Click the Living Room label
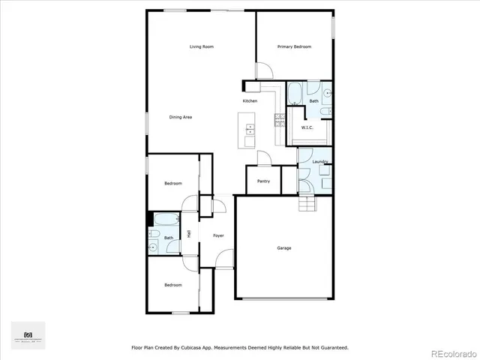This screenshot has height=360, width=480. click(202, 47)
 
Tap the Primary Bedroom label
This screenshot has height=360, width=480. click(294, 47)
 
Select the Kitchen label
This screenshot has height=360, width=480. click(250, 101)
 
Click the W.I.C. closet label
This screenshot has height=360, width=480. click(307, 127)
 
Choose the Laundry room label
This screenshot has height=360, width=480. click(321, 162)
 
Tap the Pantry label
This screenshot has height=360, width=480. click(263, 181)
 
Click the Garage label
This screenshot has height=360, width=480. click(283, 248)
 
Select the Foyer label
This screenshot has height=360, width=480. click(218, 236)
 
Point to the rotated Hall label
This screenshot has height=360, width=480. click(189, 234)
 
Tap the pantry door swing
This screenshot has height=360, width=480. click(262, 157)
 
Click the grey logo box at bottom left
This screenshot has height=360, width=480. click(28, 335)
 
